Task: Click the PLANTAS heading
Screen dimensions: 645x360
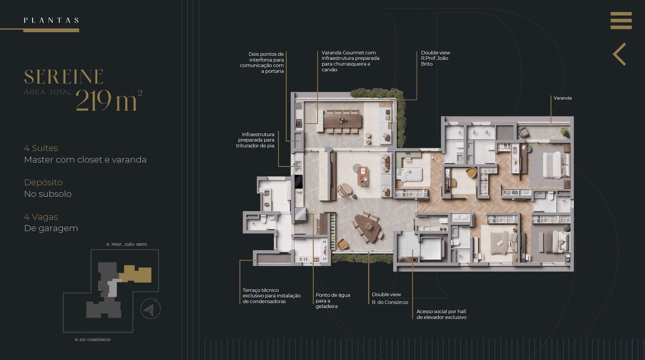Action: (x=51, y=20)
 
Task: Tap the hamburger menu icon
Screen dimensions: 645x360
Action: (x=621, y=21)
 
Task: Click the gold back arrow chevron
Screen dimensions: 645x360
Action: (x=619, y=54)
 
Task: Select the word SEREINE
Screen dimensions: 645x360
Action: (x=64, y=77)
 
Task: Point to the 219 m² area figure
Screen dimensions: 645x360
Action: (x=109, y=100)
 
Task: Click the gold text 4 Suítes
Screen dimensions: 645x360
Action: (x=41, y=148)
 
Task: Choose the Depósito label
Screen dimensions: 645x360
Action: (x=44, y=182)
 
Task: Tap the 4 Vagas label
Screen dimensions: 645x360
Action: (x=41, y=217)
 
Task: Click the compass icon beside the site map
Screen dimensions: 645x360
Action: (x=150, y=309)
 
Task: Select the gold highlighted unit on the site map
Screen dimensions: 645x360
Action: (x=136, y=274)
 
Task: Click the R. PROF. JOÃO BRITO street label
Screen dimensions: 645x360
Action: (x=127, y=245)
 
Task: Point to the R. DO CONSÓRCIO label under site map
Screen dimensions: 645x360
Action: (x=93, y=340)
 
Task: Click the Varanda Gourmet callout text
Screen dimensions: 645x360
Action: (x=350, y=61)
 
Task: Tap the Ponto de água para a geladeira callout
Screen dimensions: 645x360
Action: (x=333, y=301)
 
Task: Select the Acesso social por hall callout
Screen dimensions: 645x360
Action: (x=441, y=314)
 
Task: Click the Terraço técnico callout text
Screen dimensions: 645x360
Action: (x=272, y=296)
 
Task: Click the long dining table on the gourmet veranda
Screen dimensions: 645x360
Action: (x=342, y=121)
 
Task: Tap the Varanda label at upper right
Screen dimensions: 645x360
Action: (x=563, y=98)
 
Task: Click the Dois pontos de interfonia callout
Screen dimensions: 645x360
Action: (x=262, y=62)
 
